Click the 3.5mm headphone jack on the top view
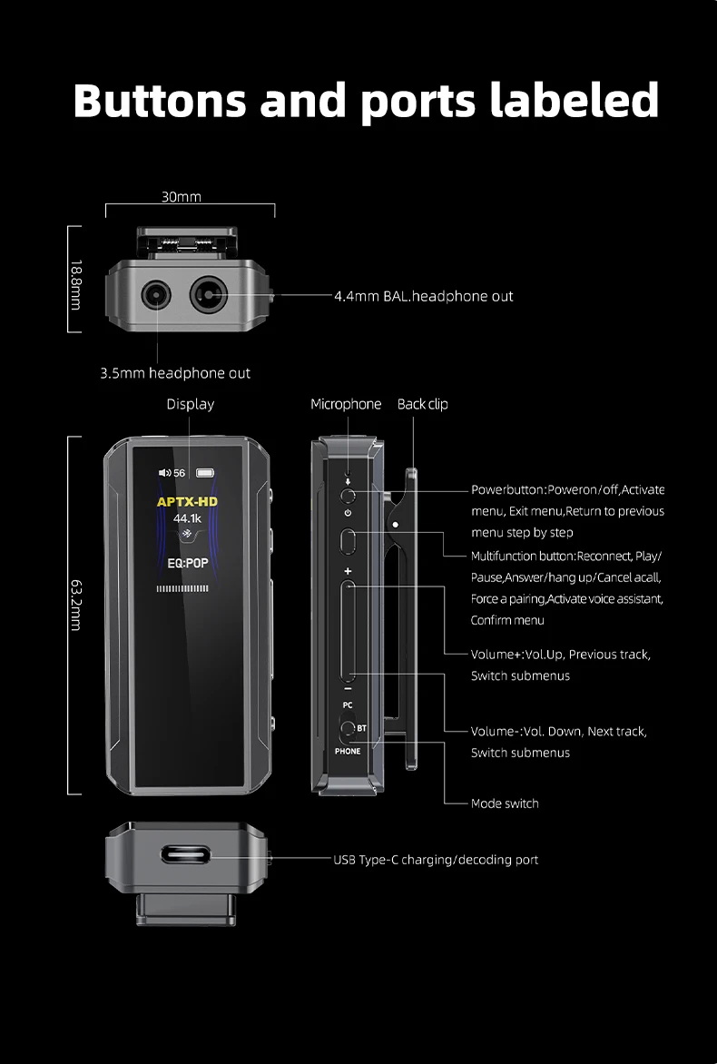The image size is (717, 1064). pos(156,296)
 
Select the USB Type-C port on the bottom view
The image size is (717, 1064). pos(185,855)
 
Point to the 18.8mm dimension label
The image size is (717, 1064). pos(75,284)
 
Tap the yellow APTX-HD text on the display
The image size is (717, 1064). pos(188,501)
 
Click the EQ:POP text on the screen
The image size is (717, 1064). pos(188,563)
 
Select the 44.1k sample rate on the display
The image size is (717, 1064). pos(187,518)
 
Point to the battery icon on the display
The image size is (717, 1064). pos(206,472)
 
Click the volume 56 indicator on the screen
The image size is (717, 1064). pos(172,472)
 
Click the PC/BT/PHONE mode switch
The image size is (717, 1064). pos(348,728)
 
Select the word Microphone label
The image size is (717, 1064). pos(346,404)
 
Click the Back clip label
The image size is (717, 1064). pos(422,404)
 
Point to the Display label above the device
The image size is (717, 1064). pos(190,404)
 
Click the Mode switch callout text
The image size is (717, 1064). pos(504,803)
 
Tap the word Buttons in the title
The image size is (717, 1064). pos(160,100)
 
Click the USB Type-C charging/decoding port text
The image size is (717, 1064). pos(436,860)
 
